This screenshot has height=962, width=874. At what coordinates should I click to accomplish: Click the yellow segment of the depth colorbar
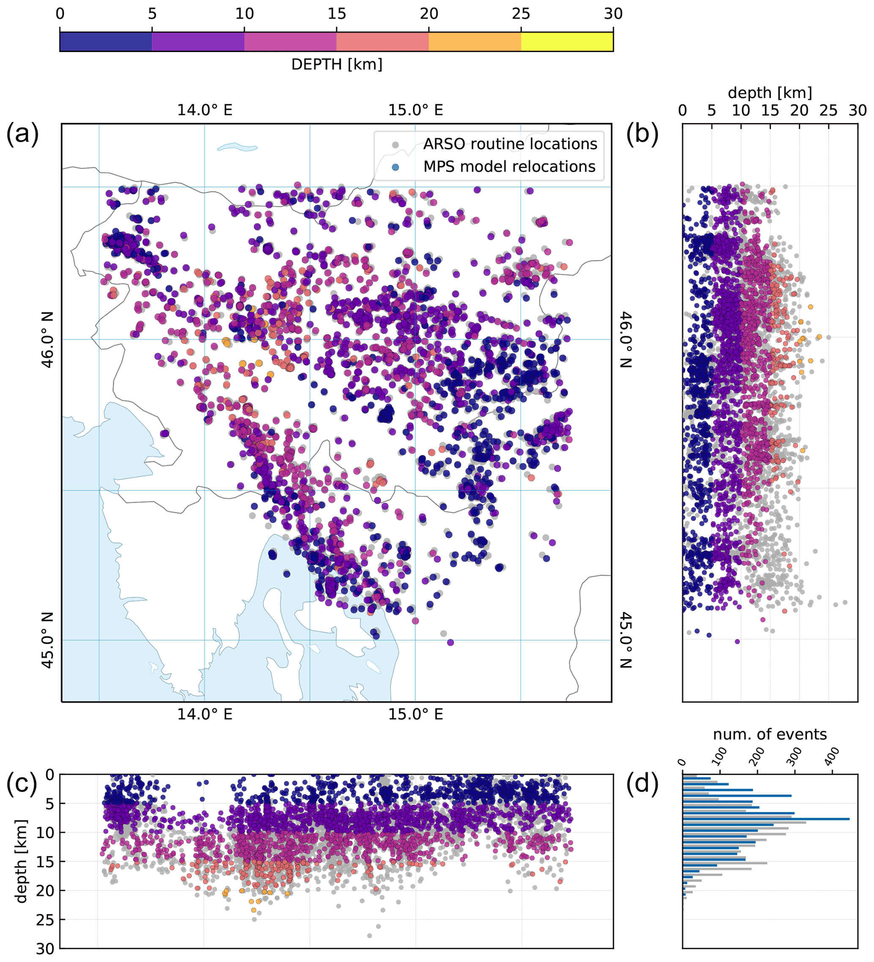coord(567,41)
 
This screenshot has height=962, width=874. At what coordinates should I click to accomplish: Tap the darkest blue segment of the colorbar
coord(105,41)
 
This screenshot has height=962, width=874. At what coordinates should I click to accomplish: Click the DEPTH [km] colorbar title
coord(337,64)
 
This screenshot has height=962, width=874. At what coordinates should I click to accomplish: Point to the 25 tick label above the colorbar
coord(521,14)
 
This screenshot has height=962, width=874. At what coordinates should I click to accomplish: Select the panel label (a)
coord(22,134)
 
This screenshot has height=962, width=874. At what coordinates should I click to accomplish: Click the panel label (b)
coord(642,134)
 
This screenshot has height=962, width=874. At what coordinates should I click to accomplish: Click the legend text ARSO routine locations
coord(510,144)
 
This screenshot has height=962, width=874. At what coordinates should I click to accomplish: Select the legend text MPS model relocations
coord(509,167)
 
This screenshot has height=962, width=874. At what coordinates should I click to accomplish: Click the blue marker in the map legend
coord(395,167)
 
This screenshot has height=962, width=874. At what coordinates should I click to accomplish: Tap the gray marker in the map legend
coord(395,144)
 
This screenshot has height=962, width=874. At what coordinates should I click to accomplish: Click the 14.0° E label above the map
coord(205,110)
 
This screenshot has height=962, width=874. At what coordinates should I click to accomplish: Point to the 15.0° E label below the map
coord(415,714)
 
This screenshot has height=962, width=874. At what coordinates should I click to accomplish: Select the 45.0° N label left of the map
coord(48,640)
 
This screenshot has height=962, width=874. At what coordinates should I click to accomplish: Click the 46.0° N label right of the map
coord(625,339)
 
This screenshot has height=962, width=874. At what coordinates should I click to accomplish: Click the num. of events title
coord(770,735)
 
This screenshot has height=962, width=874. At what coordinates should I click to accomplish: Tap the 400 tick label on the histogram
coord(833,757)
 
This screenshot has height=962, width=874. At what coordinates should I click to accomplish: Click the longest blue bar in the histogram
coord(766,819)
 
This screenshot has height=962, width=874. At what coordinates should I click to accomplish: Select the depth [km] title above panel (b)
coord(770,93)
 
